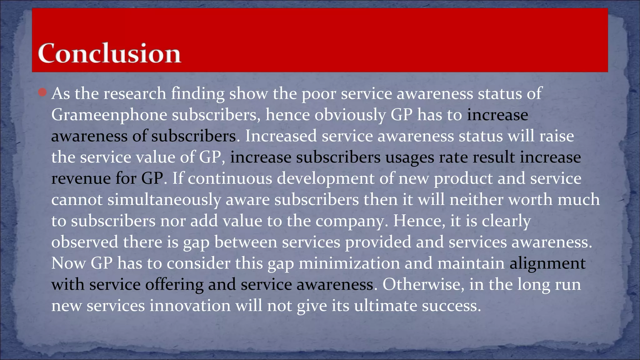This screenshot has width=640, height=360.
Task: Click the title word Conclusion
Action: pos(109,53)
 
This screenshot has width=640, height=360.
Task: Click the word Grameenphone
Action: pos(109,115)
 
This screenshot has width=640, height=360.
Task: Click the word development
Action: pos(326,179)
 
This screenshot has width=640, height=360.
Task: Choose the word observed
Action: pos(85,242)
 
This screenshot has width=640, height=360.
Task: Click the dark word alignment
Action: pos(547,263)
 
